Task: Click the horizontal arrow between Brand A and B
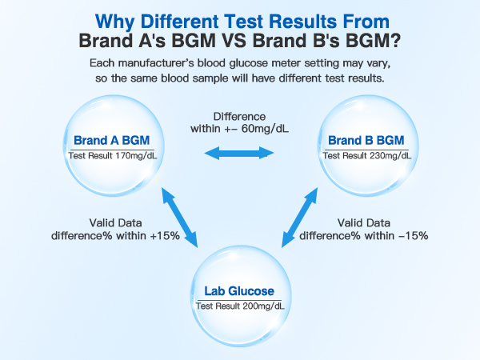point(239,153)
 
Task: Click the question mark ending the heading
point(395,39)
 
